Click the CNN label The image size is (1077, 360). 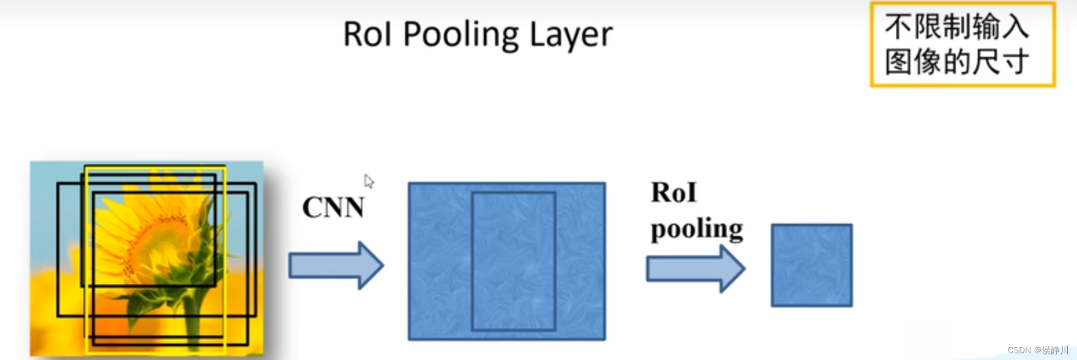[x=333, y=208]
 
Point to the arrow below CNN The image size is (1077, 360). [x=336, y=265]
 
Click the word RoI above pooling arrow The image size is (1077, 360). [x=674, y=193]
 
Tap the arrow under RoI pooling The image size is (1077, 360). [x=695, y=269]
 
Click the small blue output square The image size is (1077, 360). [x=811, y=265]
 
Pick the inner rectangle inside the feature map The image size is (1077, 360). [x=513, y=261]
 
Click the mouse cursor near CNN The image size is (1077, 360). [x=368, y=181]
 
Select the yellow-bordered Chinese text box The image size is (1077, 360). [x=963, y=45]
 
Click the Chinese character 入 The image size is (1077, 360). [x=1015, y=27]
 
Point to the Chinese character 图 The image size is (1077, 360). [x=898, y=62]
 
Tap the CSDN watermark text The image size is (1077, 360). [x=1037, y=350]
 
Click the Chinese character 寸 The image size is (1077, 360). [x=1015, y=62]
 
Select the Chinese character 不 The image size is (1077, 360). [x=898, y=27]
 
